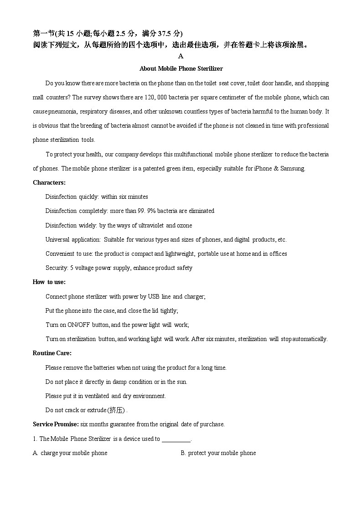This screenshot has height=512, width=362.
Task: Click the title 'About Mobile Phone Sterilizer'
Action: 181,68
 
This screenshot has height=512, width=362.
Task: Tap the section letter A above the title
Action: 181,56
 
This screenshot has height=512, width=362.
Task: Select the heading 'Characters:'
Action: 49,182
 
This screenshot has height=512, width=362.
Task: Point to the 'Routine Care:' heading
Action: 52,353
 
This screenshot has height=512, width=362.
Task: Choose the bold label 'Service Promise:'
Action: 56,424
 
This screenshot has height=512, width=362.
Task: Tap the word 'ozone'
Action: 185,225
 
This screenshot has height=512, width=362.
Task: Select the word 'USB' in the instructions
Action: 154,296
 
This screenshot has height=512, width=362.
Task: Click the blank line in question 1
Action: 176,439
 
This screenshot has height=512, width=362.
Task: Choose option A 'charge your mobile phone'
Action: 70,453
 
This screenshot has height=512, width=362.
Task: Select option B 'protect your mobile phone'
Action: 218,453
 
